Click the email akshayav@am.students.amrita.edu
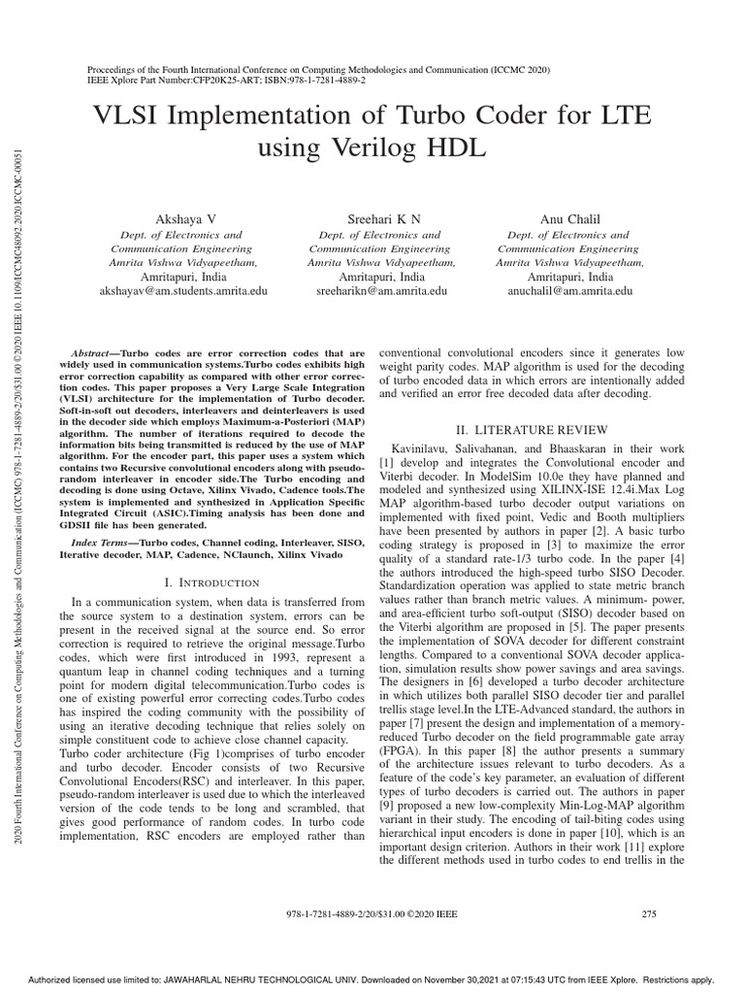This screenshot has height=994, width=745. pos(183,290)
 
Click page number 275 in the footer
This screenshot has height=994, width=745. pos(650,913)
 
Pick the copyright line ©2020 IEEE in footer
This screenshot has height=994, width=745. pos(432,913)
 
